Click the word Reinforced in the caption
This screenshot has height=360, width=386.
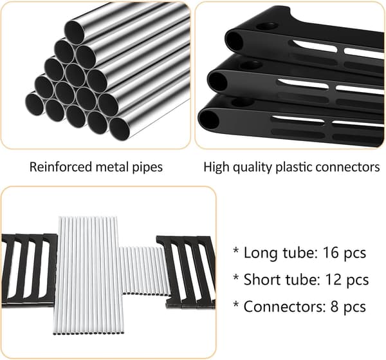tap(60, 167)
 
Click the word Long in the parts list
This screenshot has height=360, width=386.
tap(261, 254)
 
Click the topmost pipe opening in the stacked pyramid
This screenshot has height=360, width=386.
tap(75, 32)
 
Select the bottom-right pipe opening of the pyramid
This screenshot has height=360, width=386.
tap(120, 129)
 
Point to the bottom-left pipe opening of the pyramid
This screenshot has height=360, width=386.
tap(35, 104)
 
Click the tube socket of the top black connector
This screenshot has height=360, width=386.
tap(234, 41)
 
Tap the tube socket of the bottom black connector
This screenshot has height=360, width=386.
tap(208, 120)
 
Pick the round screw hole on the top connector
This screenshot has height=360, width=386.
tap(267, 26)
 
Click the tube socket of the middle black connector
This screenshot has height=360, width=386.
tap(217, 81)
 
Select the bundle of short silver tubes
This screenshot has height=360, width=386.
tap(145, 270)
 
